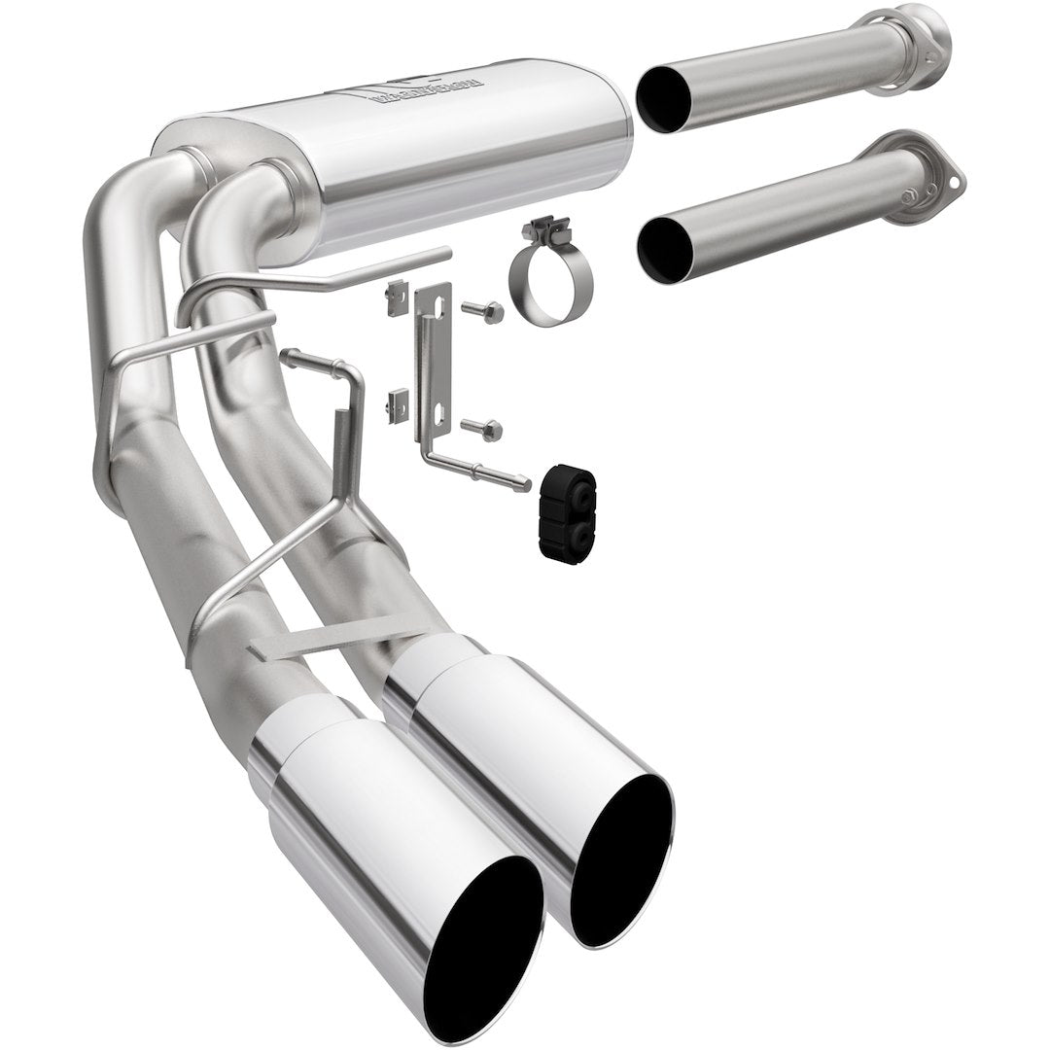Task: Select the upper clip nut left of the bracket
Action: click(x=394, y=298)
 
